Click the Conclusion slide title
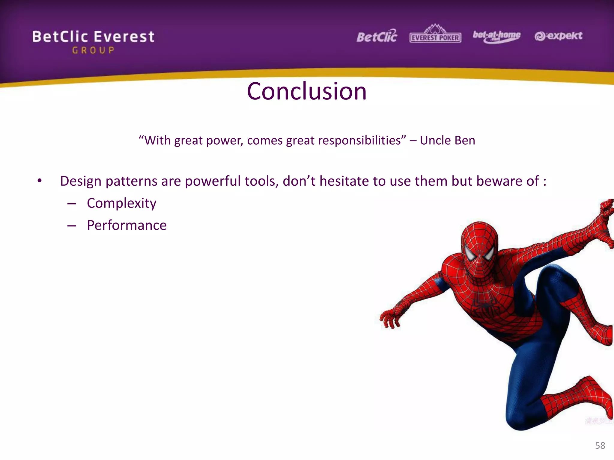[x=307, y=91]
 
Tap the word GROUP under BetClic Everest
[x=93, y=50]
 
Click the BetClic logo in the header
[x=377, y=37]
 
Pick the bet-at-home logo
[x=496, y=36]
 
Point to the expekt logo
[x=558, y=36]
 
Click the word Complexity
[x=121, y=203]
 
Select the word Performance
[x=127, y=225]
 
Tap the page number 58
[x=600, y=445]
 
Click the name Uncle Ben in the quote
[x=447, y=140]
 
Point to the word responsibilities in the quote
[x=359, y=140]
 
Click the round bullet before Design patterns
[x=40, y=181]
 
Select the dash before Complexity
[x=72, y=204]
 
